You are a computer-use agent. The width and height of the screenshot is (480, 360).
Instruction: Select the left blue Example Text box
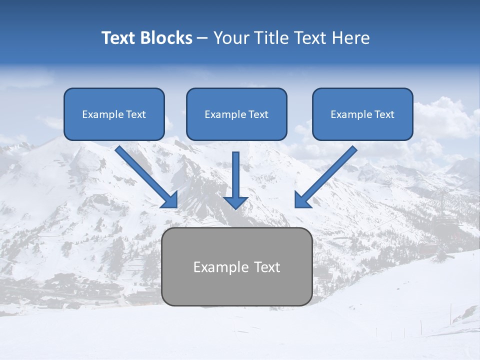114,114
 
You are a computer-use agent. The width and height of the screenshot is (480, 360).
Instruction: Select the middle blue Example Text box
236,114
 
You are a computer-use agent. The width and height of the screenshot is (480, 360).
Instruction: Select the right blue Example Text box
362,114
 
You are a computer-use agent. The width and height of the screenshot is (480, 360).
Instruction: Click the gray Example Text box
237,266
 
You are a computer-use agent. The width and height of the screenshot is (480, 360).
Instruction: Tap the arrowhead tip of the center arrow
235,207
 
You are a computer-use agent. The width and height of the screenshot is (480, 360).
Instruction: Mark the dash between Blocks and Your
202,38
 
